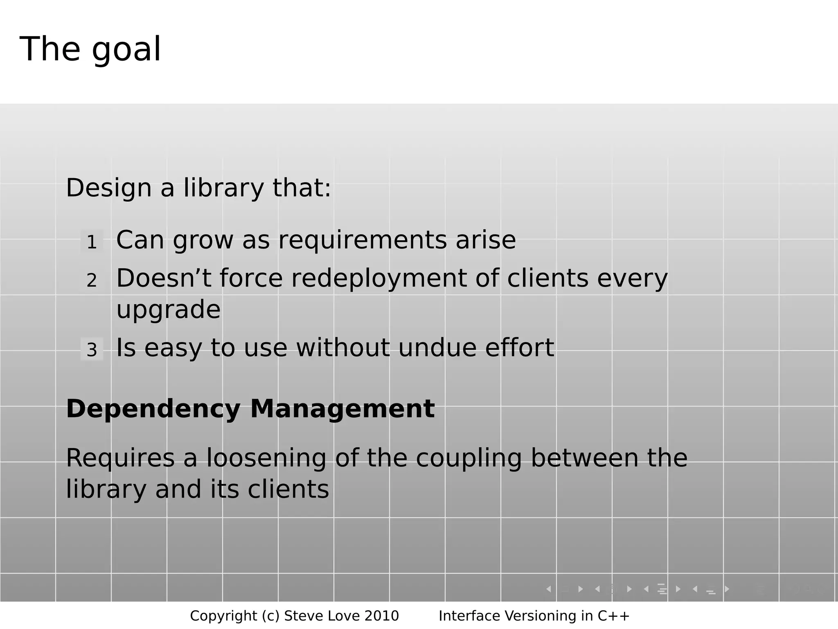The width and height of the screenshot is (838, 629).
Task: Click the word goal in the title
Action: [126, 50]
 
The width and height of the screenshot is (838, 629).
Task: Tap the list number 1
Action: [92, 242]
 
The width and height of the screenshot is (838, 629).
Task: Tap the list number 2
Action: [92, 281]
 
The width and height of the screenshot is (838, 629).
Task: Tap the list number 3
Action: [92, 350]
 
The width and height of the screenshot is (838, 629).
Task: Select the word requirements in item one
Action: [363, 240]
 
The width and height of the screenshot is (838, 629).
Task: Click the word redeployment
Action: [378, 278]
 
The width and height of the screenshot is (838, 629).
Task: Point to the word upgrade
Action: [168, 310]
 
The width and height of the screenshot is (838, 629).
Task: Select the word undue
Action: [437, 348]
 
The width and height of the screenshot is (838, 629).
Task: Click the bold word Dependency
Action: [153, 409]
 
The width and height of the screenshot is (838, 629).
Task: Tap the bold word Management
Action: [342, 409]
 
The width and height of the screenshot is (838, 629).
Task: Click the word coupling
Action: [469, 459]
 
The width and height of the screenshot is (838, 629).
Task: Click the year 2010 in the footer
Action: [381, 616]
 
